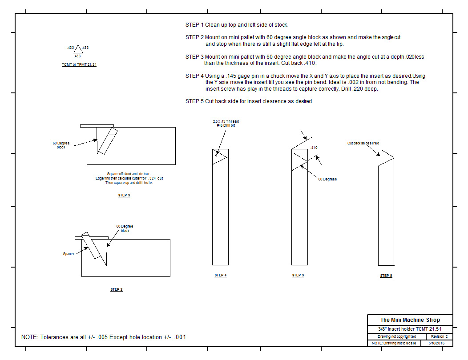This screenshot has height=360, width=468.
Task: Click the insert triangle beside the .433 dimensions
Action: pos(78,49)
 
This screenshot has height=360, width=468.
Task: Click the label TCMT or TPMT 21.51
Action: pos(79,65)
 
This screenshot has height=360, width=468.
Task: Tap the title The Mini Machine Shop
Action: pos(410,320)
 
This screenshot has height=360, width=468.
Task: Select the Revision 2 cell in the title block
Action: pos(440,337)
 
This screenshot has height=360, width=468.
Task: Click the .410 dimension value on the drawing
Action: pos(314,148)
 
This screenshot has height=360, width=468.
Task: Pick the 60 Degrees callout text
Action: pos(327,179)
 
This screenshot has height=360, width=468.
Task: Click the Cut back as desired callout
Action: pos(363,143)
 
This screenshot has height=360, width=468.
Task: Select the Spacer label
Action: pos(68,254)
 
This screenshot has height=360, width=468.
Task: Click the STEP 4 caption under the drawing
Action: pos(220,276)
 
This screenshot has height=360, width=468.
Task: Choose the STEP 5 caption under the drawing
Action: pos(386,276)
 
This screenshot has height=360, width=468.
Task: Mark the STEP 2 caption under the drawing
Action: pos(117,290)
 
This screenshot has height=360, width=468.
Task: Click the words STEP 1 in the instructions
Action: pos(194,25)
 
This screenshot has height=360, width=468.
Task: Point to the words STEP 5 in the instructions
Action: pos(194,101)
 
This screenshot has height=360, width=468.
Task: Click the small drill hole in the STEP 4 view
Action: pos(217,154)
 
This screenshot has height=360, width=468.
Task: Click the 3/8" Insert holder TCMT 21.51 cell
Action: pos(410,329)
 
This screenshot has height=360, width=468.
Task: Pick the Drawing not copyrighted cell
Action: pos(396,337)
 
